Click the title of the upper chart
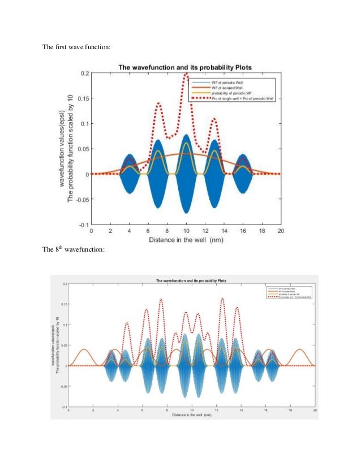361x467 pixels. [185, 67]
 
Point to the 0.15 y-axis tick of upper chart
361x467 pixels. [82, 98]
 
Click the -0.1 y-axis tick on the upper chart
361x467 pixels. [82, 224]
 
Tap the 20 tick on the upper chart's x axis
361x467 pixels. [281, 231]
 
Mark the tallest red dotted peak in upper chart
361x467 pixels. [186, 73]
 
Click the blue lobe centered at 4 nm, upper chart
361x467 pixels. [130, 174]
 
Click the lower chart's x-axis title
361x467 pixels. [192, 415]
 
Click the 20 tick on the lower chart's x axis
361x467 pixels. [315, 410]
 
